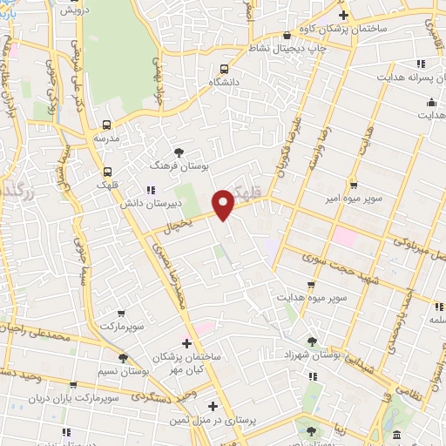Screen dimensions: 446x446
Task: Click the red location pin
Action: tap(224, 203)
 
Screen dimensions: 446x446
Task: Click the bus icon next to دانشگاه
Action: tap(225, 69)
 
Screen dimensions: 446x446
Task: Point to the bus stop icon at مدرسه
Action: tap(107, 125)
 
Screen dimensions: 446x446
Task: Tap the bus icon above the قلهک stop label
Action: tap(108, 172)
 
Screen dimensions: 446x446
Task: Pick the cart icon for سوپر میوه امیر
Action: tap(354, 185)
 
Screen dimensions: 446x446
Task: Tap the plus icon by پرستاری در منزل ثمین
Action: tap(213, 406)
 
